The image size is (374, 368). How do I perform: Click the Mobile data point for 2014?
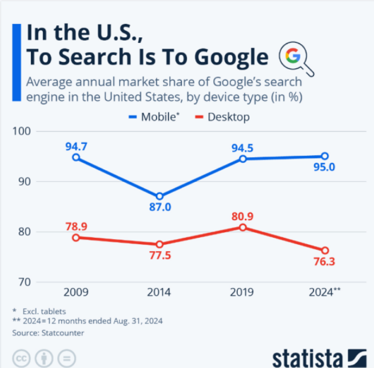click(160, 197)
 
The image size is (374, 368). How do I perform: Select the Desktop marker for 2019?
click(242, 228)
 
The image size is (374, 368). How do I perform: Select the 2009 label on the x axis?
click(76, 292)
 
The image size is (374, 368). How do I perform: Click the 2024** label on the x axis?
click(325, 292)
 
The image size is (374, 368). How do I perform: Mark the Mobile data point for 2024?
click(325, 156)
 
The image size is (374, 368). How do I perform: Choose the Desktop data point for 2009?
click(76, 237)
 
